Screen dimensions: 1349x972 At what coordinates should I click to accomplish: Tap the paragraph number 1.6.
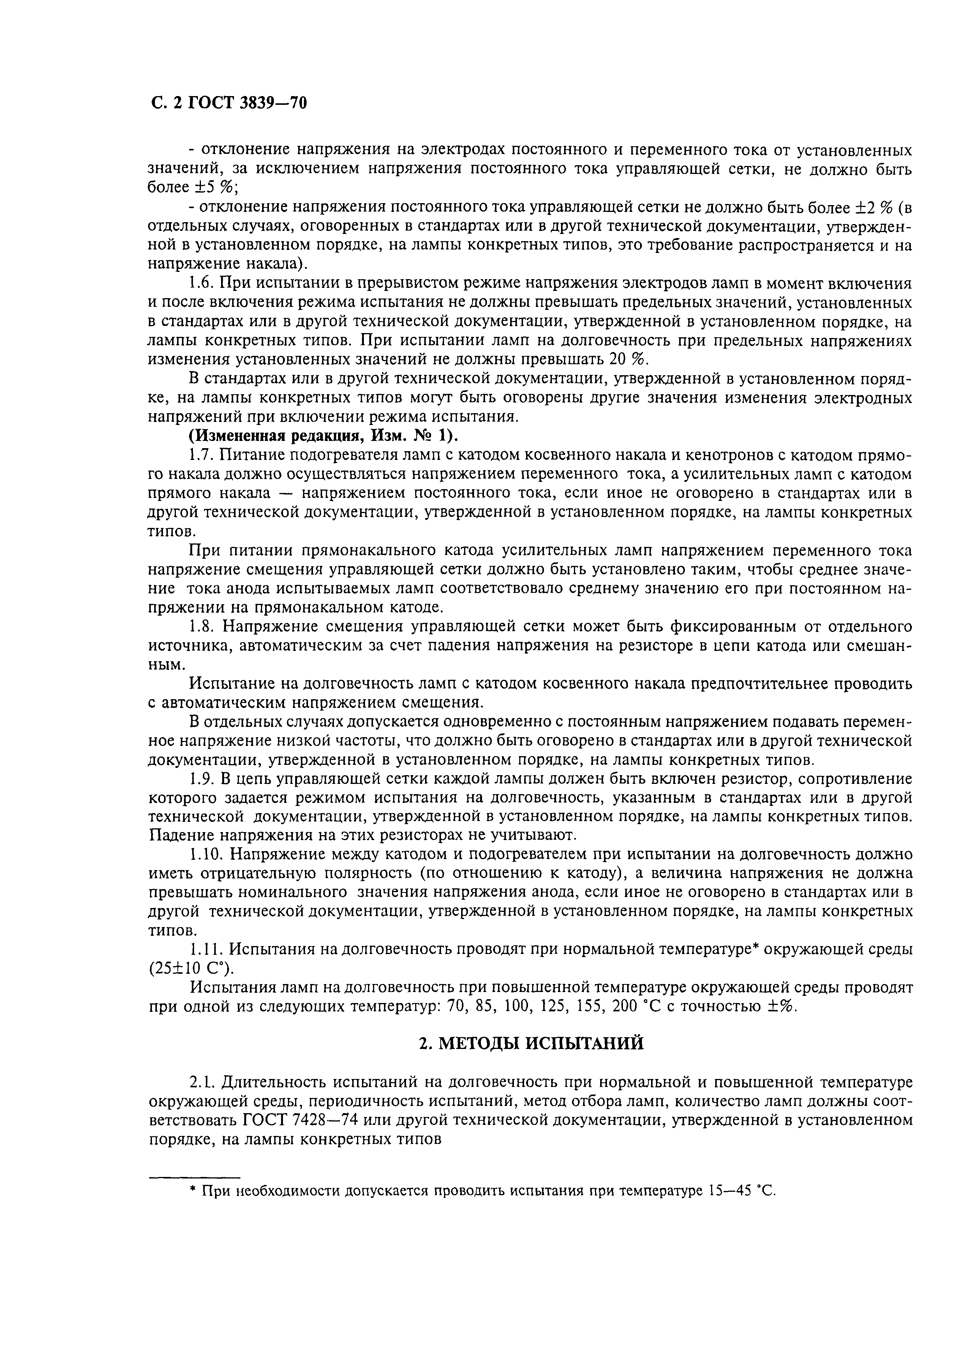point(201,283)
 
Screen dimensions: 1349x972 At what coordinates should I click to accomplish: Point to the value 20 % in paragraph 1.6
point(626,360)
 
